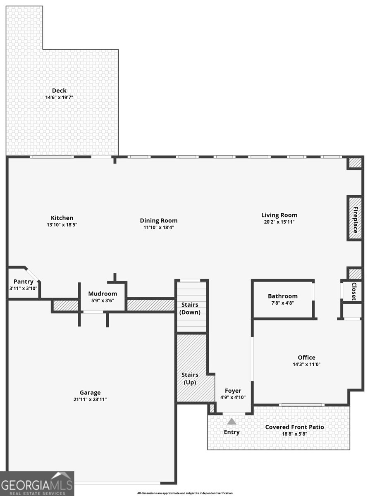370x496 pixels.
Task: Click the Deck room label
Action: coord(59,91)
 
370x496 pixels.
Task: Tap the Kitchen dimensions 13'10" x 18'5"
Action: coord(62,225)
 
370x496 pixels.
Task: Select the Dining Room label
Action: coord(159,221)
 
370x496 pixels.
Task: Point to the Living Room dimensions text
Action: coord(279,222)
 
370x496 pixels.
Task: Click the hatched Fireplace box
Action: coord(355,218)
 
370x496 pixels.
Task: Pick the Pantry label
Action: coord(24,281)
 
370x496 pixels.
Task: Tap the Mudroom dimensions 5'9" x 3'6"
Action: coord(103,300)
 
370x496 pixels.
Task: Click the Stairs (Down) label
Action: coord(190,308)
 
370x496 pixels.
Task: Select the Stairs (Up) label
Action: coord(190,379)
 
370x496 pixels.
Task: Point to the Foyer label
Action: coord(233,391)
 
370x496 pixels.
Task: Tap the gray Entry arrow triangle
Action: coord(232,422)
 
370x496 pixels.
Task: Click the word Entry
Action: coord(232,432)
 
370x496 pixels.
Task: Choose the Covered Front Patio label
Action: coord(294,427)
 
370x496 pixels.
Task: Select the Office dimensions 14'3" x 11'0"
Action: coord(306,364)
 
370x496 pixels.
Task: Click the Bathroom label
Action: coord(282,296)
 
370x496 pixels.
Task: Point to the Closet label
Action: coord(354,291)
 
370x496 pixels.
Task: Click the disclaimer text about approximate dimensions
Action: coord(185,493)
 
